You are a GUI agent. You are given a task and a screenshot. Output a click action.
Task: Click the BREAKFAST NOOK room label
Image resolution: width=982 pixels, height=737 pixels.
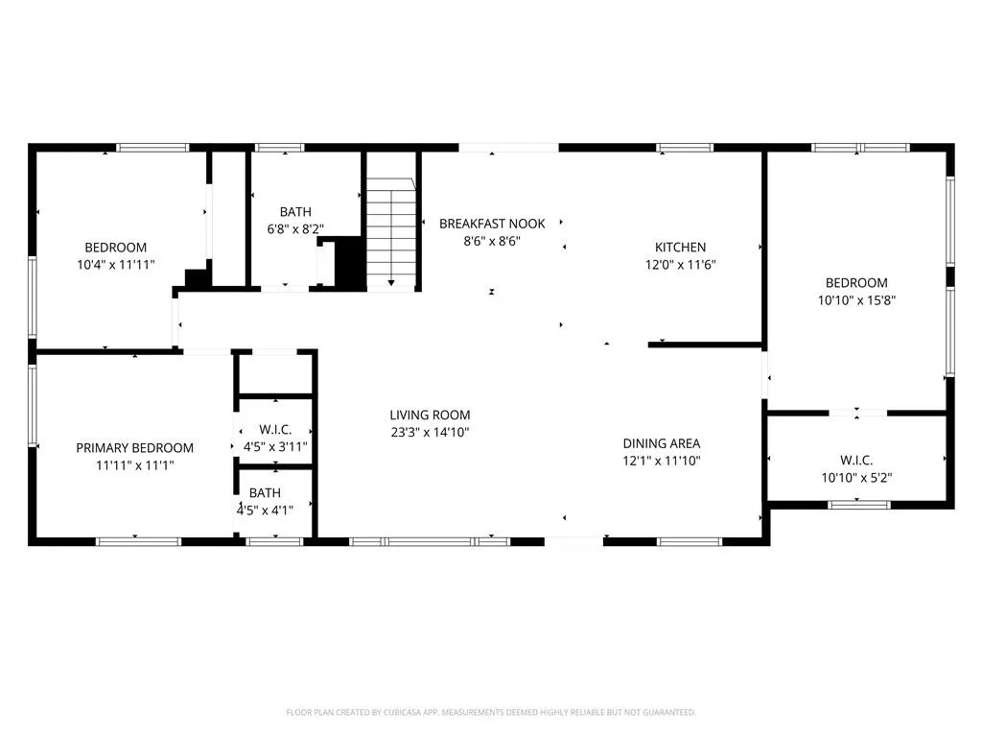click(492, 224)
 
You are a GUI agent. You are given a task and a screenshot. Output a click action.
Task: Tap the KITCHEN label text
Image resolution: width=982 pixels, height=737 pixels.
click(680, 248)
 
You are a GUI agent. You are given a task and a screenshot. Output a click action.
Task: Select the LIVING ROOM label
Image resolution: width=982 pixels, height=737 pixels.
click(430, 415)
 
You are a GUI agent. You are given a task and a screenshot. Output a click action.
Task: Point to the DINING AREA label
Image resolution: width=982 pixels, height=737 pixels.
click(662, 443)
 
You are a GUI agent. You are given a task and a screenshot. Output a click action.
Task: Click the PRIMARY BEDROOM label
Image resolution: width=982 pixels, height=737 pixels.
click(134, 448)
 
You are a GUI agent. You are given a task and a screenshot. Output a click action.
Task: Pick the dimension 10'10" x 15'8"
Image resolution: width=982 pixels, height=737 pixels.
click(856, 300)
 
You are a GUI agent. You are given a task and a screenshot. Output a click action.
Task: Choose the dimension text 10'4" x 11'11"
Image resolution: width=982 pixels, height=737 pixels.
click(116, 265)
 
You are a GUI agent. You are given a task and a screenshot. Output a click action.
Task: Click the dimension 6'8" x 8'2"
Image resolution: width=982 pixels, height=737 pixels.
click(295, 229)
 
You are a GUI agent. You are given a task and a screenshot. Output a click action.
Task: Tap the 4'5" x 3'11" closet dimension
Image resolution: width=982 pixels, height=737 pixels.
click(275, 447)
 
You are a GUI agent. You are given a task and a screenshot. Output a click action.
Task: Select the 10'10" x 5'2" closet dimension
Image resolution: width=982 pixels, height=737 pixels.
click(856, 478)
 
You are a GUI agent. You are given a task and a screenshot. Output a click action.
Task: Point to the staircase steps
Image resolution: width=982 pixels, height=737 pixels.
click(391, 232)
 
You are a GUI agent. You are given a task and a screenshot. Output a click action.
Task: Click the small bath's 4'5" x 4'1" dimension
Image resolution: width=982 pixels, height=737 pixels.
click(265, 511)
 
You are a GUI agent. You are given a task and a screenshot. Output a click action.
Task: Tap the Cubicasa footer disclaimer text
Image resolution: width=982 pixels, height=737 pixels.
click(491, 712)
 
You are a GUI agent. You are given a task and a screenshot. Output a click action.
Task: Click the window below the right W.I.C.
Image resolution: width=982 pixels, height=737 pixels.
click(858, 505)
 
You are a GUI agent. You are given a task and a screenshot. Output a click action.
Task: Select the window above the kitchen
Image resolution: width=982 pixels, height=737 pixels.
click(685, 148)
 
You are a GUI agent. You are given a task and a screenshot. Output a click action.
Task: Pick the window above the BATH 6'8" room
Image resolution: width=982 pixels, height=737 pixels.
click(279, 148)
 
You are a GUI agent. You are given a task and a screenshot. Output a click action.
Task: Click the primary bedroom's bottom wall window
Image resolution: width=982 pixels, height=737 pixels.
click(138, 541)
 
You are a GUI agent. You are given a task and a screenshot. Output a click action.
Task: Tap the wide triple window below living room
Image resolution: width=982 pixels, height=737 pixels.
click(430, 541)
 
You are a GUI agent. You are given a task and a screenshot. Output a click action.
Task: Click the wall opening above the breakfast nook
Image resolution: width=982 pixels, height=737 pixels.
click(508, 148)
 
